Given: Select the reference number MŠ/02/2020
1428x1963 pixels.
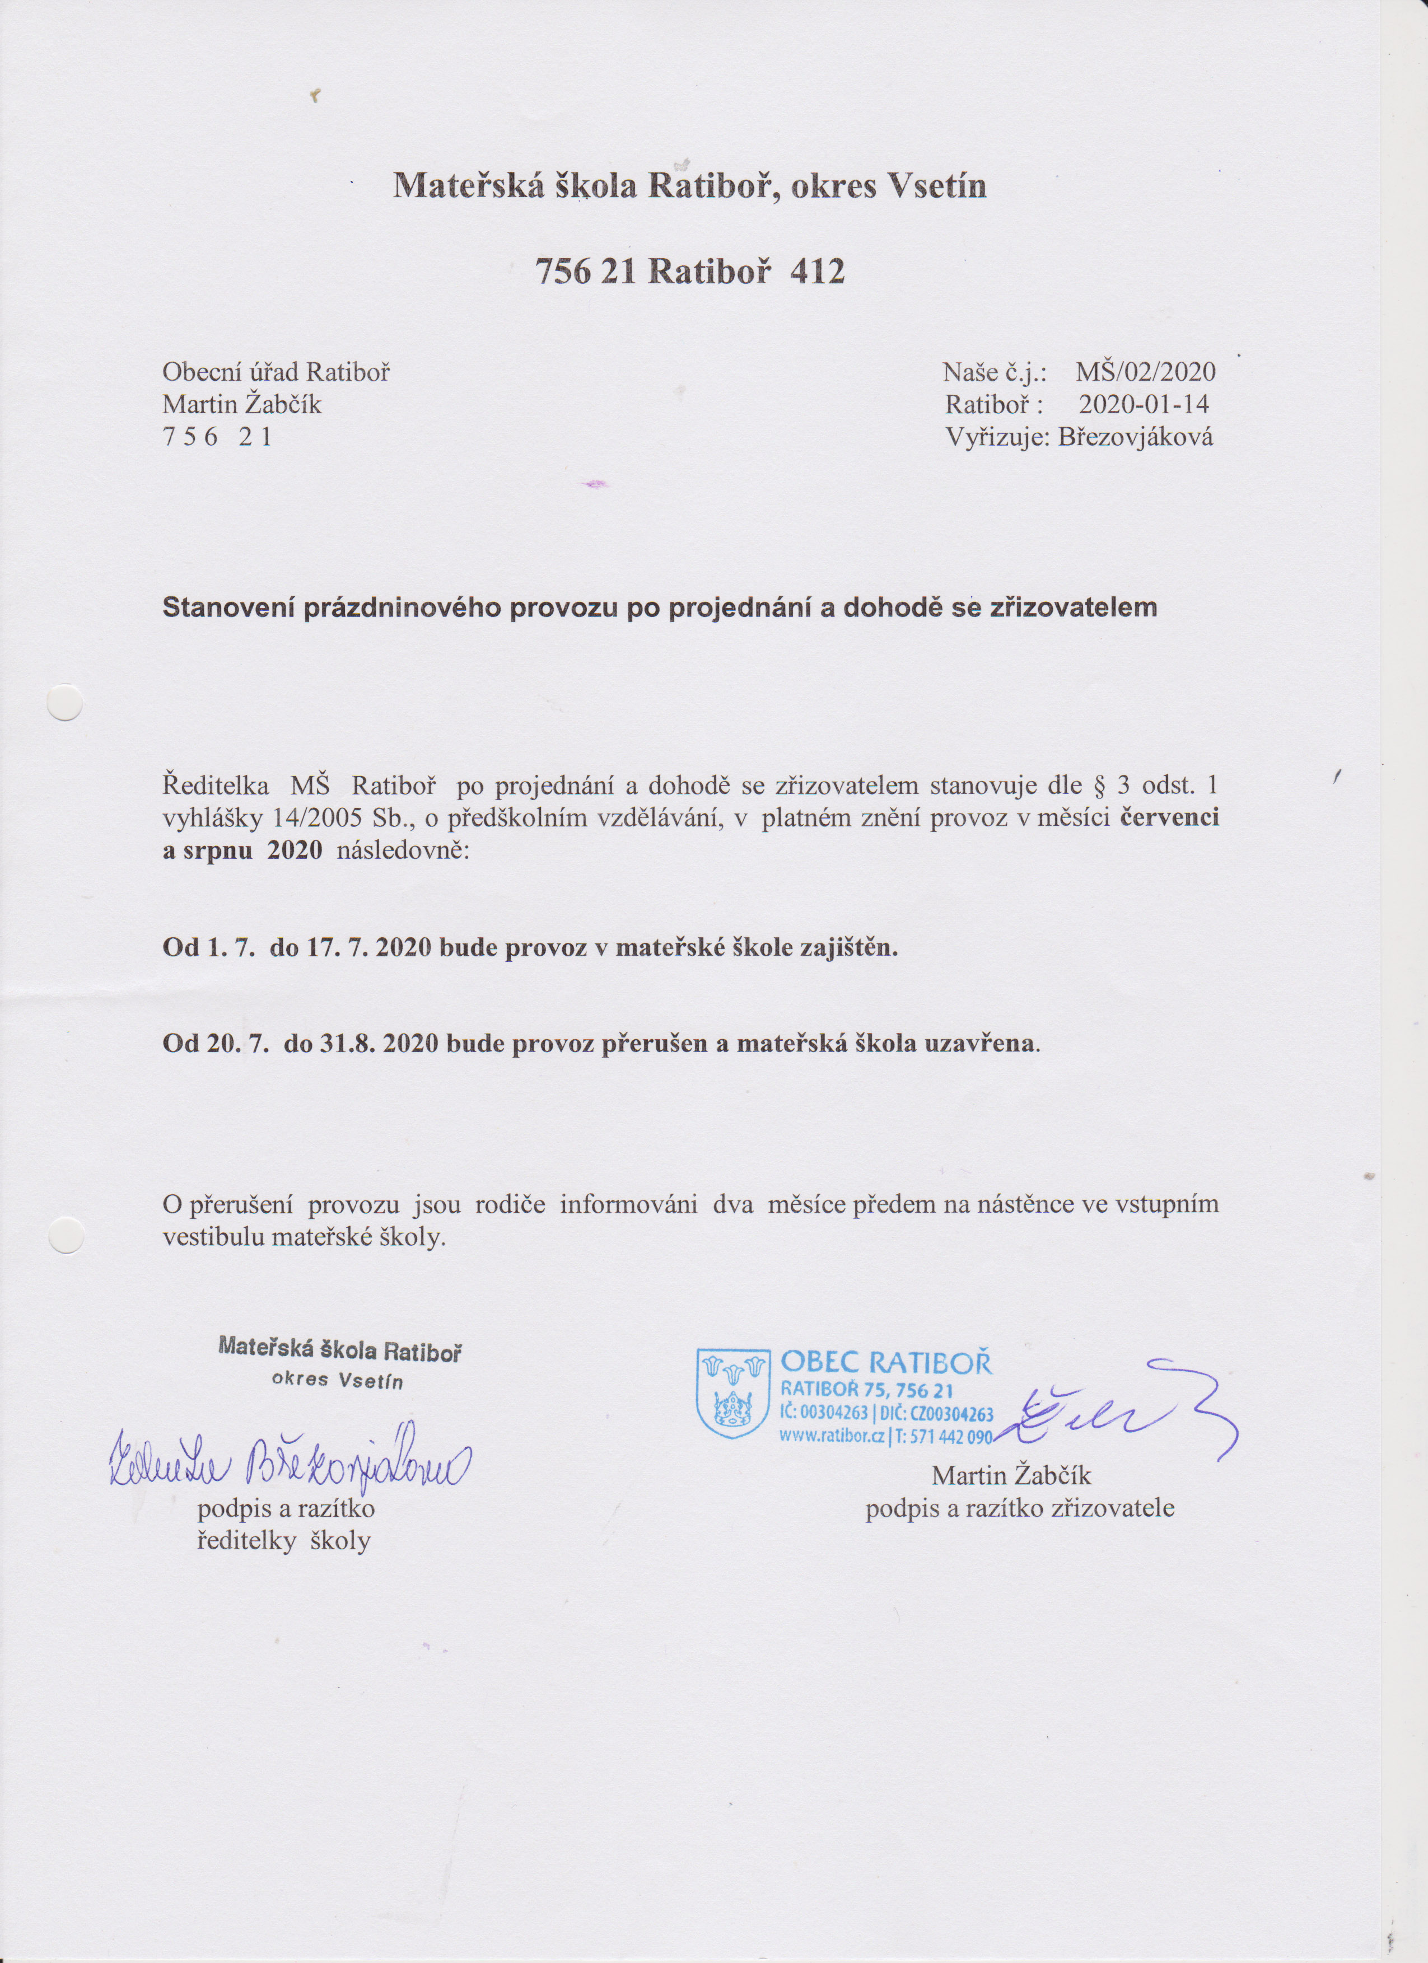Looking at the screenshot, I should [1145, 373].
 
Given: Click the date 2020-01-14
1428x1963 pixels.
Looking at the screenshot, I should [1144, 404].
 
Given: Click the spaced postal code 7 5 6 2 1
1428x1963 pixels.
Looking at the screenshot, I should [217, 437].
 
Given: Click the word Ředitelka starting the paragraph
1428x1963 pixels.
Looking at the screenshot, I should [216, 786].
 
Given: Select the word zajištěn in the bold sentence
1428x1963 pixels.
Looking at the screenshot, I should [844, 948].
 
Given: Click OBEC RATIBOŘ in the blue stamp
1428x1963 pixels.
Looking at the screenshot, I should [886, 1363].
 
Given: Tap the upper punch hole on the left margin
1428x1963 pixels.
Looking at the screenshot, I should [64, 703].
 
